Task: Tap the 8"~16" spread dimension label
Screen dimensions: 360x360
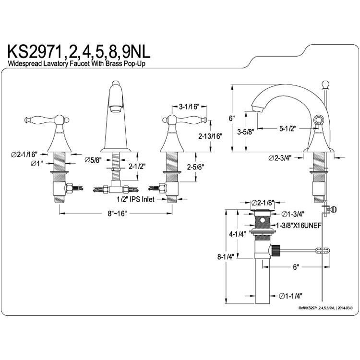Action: click(117, 214)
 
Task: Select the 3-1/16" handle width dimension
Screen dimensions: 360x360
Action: click(190, 106)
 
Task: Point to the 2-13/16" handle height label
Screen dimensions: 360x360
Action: click(210, 136)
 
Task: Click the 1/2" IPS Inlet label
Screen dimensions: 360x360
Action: click(135, 199)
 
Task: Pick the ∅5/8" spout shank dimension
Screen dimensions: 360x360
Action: click(93, 160)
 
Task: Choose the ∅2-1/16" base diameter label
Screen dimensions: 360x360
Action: click(24, 154)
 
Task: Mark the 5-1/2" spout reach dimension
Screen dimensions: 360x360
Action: click(288, 129)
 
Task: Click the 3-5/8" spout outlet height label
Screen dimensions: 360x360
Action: click(245, 132)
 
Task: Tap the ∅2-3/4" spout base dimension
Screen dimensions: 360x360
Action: click(280, 158)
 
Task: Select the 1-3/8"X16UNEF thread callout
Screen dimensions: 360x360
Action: click(299, 226)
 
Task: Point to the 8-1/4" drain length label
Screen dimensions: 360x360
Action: click(226, 256)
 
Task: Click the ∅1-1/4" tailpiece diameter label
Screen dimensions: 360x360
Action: click(290, 296)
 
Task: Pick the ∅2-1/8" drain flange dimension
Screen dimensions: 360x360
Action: click(263, 203)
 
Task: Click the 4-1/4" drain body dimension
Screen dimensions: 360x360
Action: click(238, 234)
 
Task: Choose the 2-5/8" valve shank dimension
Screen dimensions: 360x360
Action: click(196, 167)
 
